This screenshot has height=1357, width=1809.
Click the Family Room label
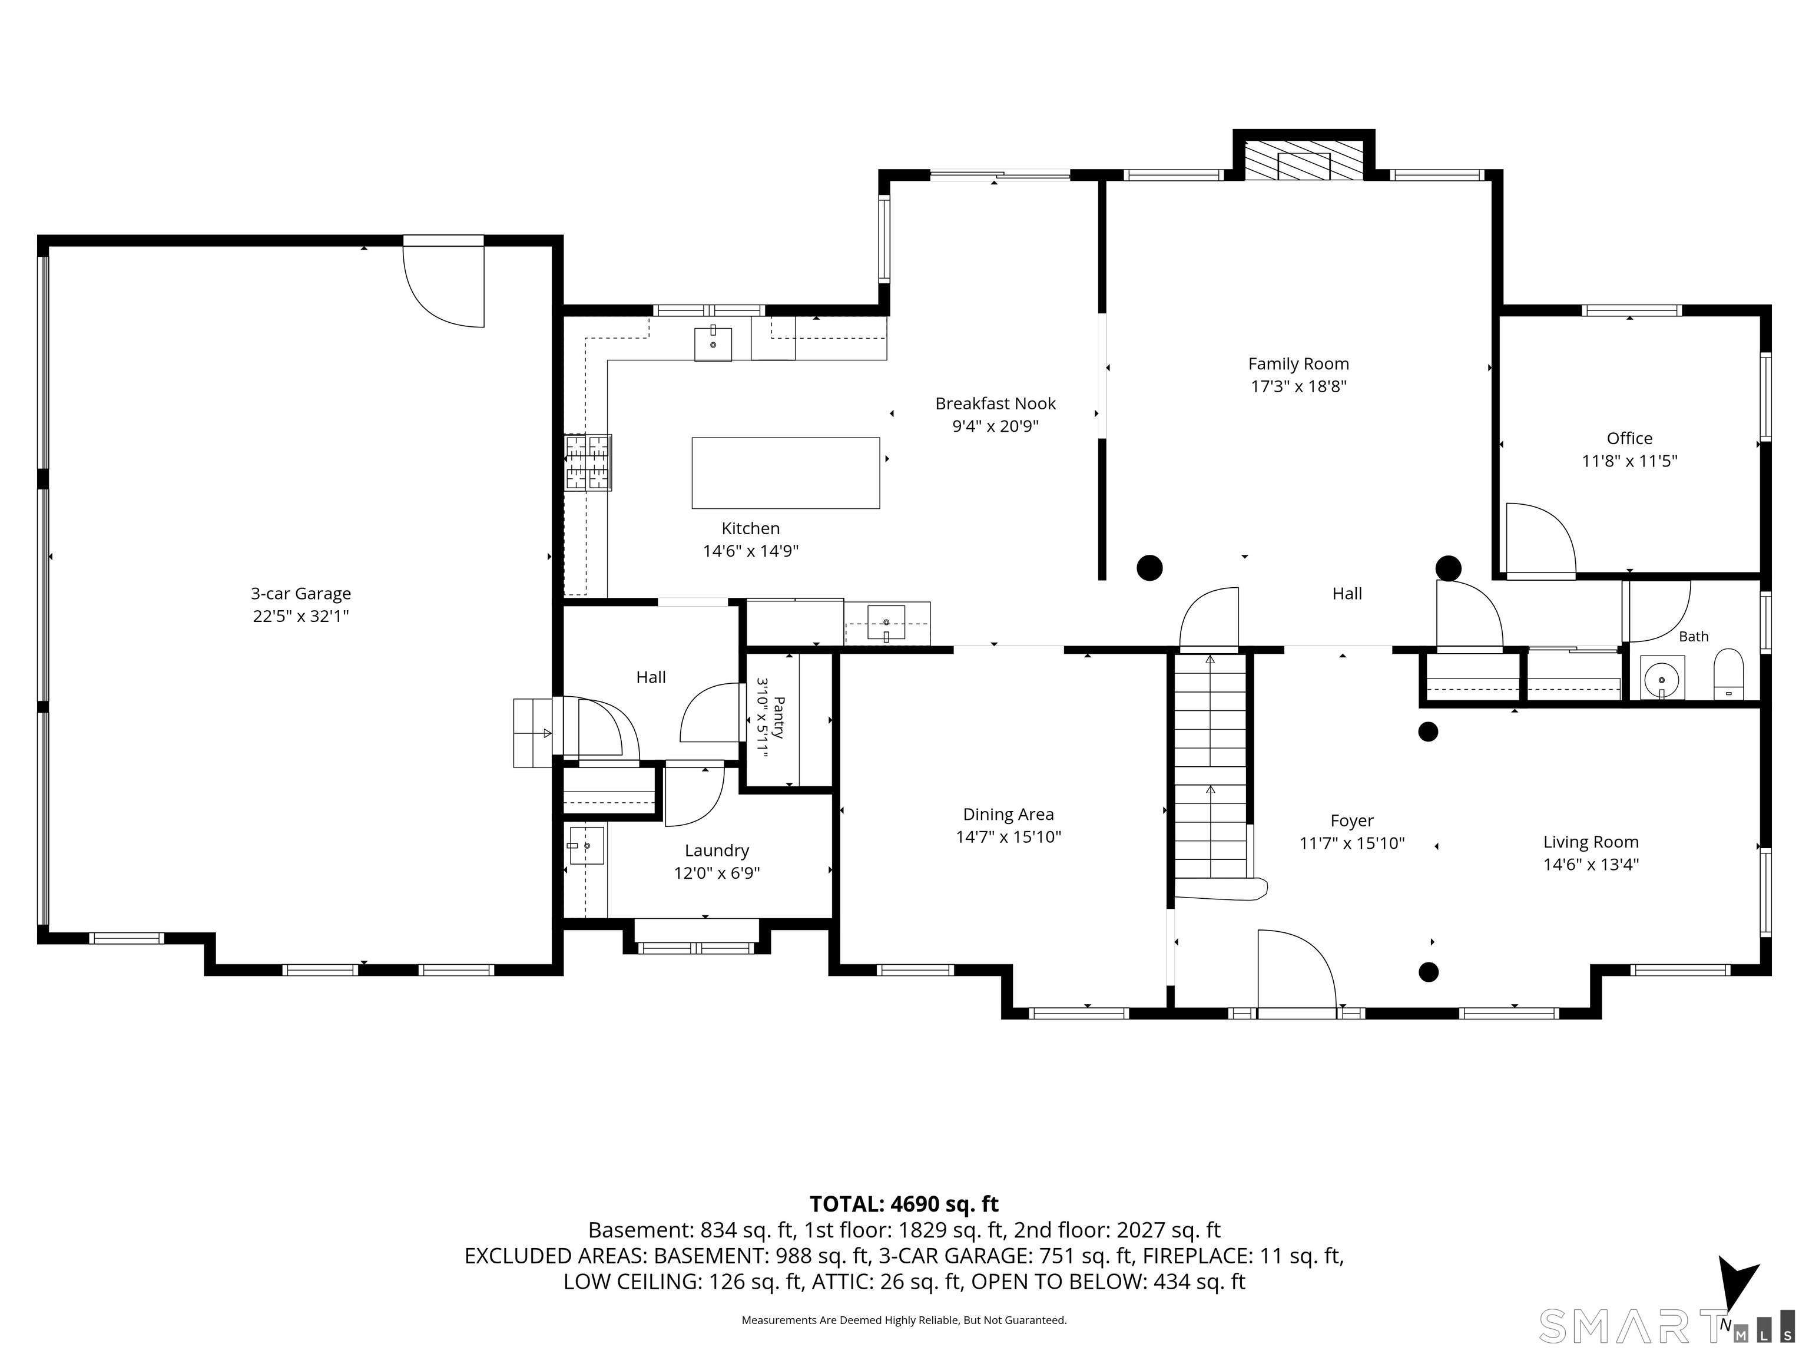click(1298, 364)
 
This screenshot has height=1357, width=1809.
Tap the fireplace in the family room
click(1304, 160)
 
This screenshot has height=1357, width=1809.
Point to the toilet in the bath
click(1729, 675)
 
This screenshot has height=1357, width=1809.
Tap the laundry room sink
click(587, 846)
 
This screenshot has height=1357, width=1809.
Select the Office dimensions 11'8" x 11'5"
click(1629, 461)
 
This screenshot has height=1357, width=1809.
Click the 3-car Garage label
click(301, 594)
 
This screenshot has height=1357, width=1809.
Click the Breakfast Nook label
click(995, 403)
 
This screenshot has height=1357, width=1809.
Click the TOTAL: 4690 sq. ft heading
click(904, 1204)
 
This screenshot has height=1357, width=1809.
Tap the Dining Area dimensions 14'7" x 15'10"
click(1008, 837)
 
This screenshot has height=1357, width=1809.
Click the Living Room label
click(1591, 842)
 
